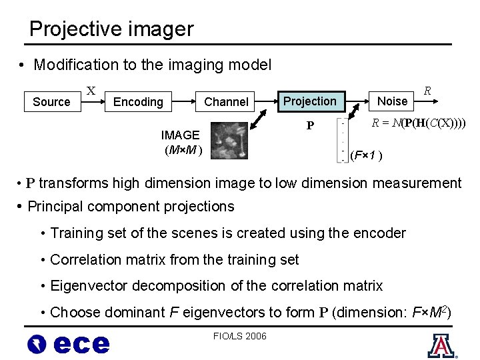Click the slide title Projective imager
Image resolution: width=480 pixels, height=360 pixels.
pyautogui.click(x=111, y=29)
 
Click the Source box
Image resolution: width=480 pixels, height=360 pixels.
pyautogui.click(x=51, y=102)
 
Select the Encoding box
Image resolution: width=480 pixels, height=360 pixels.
pyautogui.click(x=138, y=102)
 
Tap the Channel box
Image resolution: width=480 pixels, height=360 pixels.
pyautogui.click(x=226, y=102)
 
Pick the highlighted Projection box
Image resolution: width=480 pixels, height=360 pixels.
pyautogui.click(x=310, y=101)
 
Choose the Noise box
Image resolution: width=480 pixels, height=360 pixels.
pyautogui.click(x=392, y=101)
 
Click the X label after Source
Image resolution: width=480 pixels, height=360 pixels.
pyautogui.click(x=91, y=90)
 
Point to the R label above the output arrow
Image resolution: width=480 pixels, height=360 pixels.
pyautogui.click(x=427, y=89)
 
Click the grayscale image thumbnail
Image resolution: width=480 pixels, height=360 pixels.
pyautogui.click(x=228, y=141)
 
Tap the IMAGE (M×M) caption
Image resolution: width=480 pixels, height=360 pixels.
pyautogui.click(x=181, y=141)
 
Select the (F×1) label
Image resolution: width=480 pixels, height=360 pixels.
pyautogui.click(x=367, y=156)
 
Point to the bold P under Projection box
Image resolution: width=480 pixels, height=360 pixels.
pyautogui.click(x=310, y=126)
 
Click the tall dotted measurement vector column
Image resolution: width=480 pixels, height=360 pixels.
pyautogui.click(x=342, y=141)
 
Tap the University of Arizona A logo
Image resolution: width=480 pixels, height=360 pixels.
pyautogui.click(x=440, y=345)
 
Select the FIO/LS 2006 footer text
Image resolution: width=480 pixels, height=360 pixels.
pyautogui.click(x=239, y=336)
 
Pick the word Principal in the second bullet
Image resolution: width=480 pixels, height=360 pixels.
pyautogui.click(x=56, y=207)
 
